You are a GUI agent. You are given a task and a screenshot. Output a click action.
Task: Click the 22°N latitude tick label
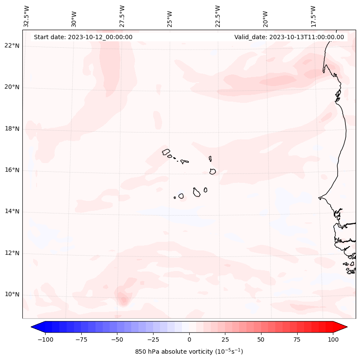[x=12, y=46]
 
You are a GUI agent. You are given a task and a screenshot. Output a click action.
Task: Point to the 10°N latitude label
[x=12, y=295]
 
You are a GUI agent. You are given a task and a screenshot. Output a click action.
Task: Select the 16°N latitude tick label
[x=12, y=170]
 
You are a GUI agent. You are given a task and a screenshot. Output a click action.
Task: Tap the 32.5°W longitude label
[x=27, y=16]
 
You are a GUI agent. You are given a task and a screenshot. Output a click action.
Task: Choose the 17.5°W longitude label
[x=313, y=16]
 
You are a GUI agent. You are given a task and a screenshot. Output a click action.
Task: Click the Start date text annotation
[x=83, y=37]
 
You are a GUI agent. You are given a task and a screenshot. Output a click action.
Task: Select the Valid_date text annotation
[x=289, y=37]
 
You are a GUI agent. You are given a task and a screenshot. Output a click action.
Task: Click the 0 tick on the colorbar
[x=189, y=339]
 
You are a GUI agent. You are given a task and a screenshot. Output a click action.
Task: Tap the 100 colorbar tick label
[x=333, y=339]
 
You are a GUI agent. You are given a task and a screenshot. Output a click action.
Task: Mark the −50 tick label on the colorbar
[x=117, y=339]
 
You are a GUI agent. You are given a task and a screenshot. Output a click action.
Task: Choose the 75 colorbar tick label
[x=297, y=339]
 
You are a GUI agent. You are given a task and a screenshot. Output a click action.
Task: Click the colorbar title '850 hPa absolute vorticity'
[x=189, y=352]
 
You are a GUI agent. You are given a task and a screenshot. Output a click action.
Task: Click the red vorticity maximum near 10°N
[x=123, y=300]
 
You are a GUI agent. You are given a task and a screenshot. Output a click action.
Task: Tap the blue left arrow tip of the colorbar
[x=32, y=327]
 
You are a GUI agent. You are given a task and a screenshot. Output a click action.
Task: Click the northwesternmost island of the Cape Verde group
[x=166, y=152]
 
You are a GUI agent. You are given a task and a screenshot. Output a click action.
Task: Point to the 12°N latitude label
[x=12, y=253]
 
